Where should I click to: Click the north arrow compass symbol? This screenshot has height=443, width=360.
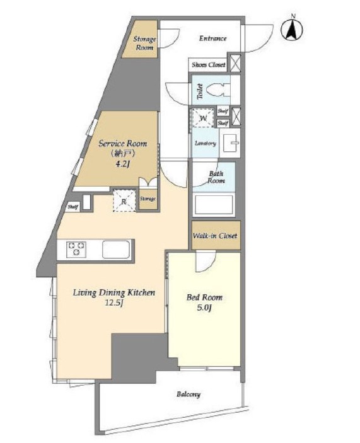tap(292, 28)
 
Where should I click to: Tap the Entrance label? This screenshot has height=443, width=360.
tap(212, 38)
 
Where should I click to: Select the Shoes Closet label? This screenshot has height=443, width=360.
tap(209, 65)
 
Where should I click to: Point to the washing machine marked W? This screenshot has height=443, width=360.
tap(203, 117)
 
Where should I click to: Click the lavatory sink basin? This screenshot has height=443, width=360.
tap(231, 142)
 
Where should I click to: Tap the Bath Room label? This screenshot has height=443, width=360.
tap(216, 177)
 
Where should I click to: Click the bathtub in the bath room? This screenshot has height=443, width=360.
tap(214, 204)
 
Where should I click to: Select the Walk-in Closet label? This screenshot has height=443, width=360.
tap(215, 235)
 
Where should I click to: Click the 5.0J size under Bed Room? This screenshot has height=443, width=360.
tap(204, 308)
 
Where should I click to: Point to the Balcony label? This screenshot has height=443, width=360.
tap(189, 394)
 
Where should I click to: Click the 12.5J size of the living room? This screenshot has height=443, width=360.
tap(114, 303)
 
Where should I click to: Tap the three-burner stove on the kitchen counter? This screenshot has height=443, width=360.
tap(76, 249)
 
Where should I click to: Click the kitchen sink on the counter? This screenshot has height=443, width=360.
tap(116, 249)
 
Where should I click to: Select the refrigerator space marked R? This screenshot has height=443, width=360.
tap(124, 200)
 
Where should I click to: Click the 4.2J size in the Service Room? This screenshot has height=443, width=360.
tap(122, 164)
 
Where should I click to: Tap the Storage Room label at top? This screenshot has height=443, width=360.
tap(144, 43)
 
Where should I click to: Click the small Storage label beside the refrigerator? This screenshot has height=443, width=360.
tap(148, 199)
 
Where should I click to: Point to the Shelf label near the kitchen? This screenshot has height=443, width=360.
tap(73, 207)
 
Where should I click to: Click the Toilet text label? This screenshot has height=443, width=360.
tap(200, 91)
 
